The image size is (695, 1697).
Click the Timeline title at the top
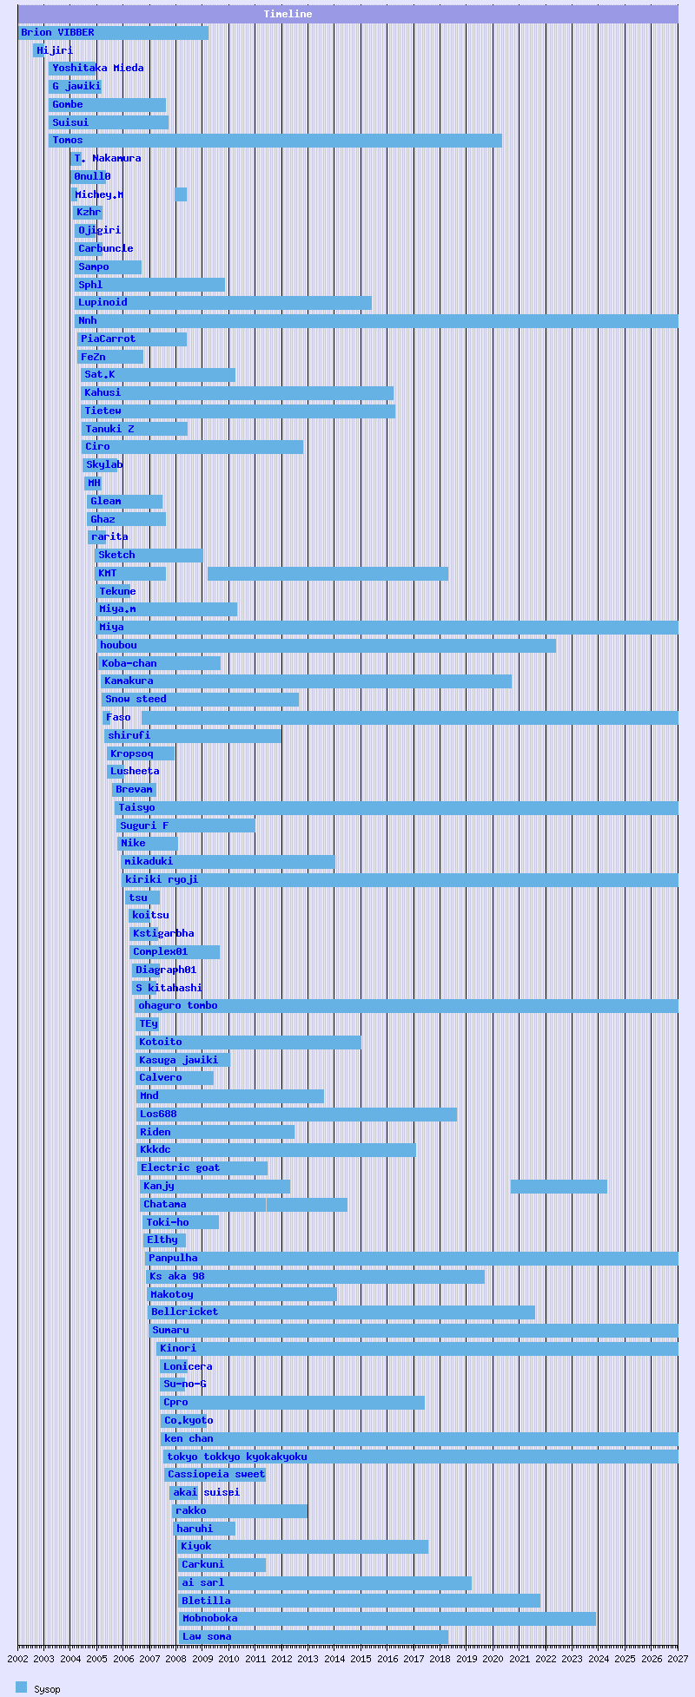(288, 14)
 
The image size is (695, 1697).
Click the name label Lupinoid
(103, 303)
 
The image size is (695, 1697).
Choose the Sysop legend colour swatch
(22, 1687)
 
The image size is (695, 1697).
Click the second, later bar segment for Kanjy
(558, 1187)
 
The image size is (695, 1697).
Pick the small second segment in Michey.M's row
(181, 194)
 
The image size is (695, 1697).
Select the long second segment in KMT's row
(328, 574)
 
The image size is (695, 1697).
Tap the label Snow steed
(136, 700)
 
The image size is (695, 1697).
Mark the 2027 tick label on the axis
(678, 1659)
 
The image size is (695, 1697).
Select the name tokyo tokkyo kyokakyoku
(237, 1457)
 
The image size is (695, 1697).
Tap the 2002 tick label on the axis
(18, 1659)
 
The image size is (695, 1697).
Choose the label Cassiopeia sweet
(216, 1475)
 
